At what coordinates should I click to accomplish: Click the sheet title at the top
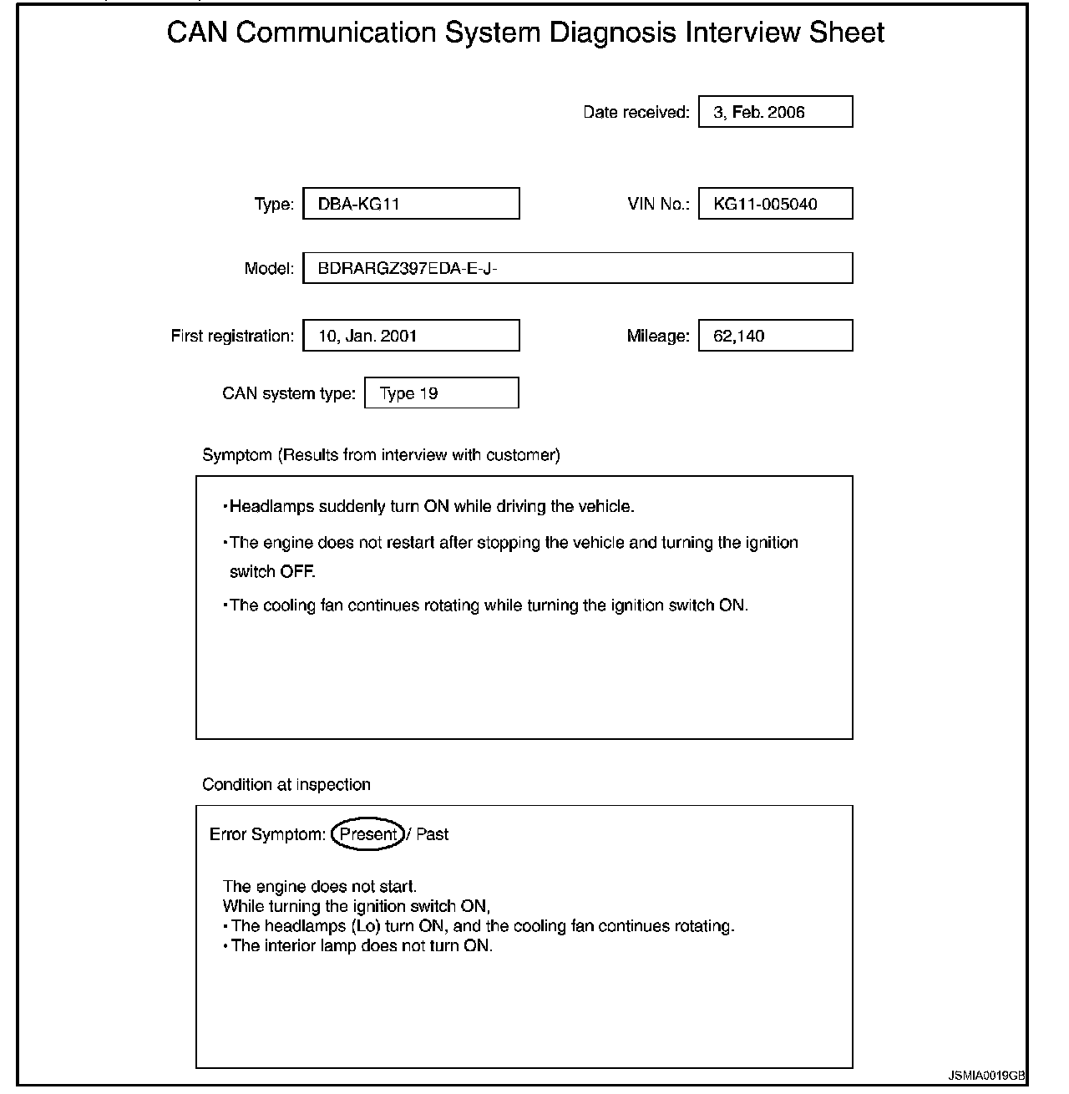click(525, 33)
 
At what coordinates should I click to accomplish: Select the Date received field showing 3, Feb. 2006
click(775, 112)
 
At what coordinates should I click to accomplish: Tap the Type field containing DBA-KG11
click(411, 204)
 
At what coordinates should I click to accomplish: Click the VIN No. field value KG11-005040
click(775, 204)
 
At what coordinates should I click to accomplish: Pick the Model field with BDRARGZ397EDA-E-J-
click(577, 268)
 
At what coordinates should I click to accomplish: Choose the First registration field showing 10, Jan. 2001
click(411, 336)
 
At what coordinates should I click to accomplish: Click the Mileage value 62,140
click(775, 336)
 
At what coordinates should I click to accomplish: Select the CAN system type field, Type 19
click(441, 393)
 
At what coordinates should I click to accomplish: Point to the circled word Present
click(368, 834)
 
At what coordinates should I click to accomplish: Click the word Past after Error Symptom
click(432, 834)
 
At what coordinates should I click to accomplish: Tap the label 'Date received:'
click(636, 112)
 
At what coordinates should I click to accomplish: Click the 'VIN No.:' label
click(658, 204)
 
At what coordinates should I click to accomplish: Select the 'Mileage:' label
click(658, 336)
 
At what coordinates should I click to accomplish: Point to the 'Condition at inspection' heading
click(286, 785)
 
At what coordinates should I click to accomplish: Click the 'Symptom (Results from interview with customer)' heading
click(381, 455)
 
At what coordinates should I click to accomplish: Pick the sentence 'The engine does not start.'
click(320, 886)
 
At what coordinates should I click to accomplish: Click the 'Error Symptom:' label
click(267, 834)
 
